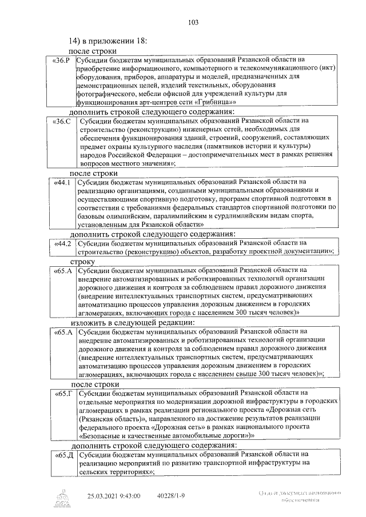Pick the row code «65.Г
coord(62,394)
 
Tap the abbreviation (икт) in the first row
coord(328,68)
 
